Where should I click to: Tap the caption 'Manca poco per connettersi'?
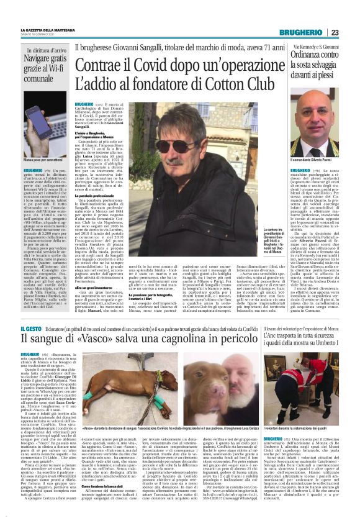[x=38, y=161]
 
